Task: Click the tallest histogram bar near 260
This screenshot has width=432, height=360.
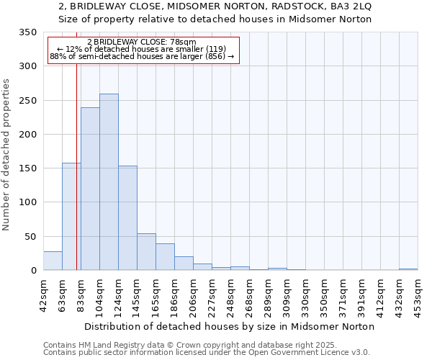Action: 109,182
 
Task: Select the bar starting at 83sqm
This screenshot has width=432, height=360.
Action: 90,189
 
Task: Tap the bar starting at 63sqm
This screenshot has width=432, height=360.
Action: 71,216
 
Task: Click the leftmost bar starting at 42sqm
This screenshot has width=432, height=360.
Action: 53,261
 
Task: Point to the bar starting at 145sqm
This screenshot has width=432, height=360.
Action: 146,252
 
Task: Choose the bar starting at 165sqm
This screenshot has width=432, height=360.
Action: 165,257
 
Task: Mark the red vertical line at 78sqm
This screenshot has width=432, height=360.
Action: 76,180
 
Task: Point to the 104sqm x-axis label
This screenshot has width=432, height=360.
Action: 99,295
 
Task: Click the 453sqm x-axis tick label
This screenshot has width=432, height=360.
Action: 418,295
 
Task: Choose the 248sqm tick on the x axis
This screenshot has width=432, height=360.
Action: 230,295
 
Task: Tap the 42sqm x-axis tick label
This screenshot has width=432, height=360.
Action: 43,295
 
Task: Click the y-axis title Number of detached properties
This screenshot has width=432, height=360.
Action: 6,154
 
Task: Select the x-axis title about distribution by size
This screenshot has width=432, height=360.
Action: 230,326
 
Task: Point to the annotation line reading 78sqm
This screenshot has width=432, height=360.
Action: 141,42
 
